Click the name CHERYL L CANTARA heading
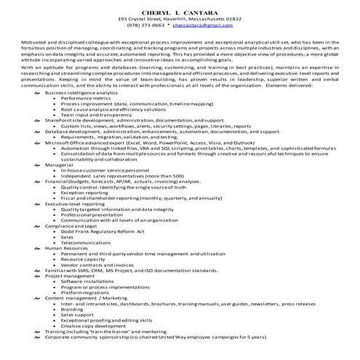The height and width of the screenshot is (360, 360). (x=180, y=12)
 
